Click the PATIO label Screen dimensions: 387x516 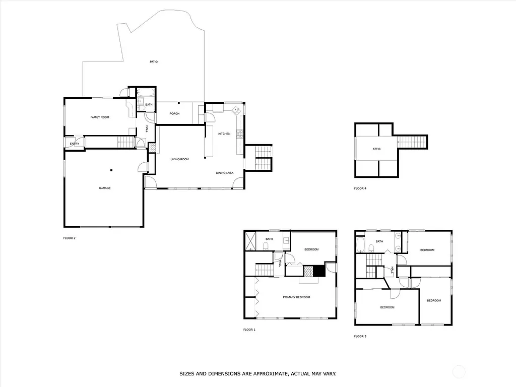154,62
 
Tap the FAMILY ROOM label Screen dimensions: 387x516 100,117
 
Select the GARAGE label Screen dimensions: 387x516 104,188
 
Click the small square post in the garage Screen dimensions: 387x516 112,169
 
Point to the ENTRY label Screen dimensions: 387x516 75,144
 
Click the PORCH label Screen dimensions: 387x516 174,113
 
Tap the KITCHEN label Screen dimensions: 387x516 224,134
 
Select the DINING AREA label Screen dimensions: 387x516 225,173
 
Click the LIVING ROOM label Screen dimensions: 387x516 180,159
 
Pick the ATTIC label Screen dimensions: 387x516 376,149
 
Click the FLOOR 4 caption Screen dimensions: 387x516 360,189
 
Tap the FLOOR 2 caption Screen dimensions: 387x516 69,238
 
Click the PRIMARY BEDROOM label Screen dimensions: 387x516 296,297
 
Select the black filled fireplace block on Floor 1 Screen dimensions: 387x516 317,271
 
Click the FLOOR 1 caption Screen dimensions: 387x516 249,330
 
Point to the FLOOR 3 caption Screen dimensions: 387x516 360,336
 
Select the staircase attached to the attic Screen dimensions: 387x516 412,142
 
